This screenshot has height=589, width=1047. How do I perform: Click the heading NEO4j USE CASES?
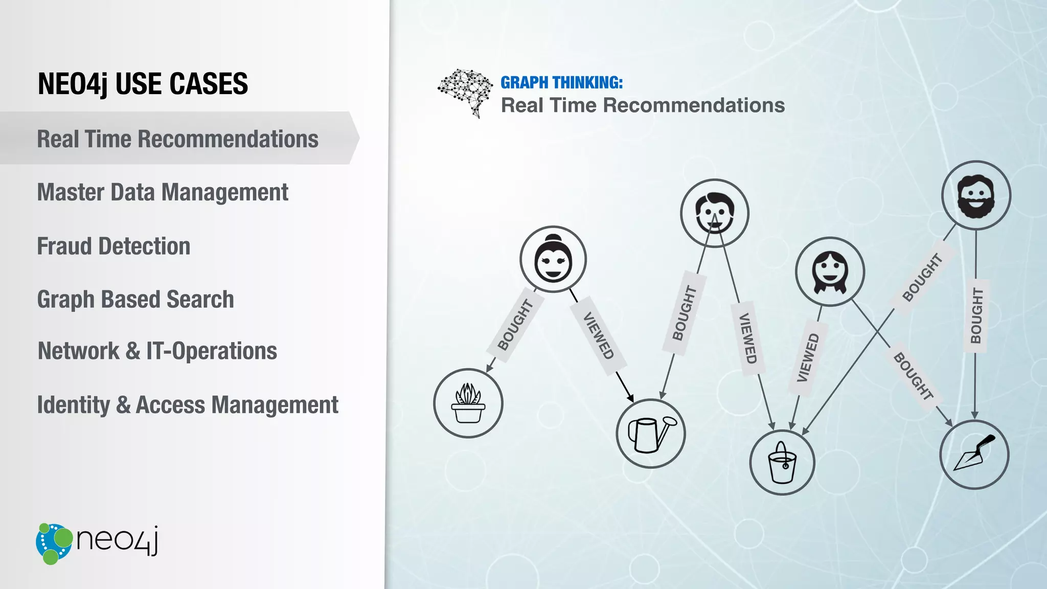click(143, 84)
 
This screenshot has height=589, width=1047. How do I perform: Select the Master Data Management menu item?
click(163, 193)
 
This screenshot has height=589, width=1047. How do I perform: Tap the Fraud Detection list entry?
click(113, 246)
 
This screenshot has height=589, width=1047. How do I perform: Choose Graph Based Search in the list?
click(135, 300)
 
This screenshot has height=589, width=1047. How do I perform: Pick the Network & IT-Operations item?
click(157, 352)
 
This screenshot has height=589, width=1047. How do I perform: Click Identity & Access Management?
click(188, 405)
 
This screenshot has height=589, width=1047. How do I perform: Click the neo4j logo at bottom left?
click(97, 543)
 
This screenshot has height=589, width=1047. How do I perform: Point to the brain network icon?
click(465, 92)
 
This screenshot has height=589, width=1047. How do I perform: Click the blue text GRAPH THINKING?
click(561, 82)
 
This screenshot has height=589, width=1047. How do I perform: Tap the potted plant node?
click(468, 403)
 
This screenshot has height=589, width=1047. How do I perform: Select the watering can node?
click(650, 434)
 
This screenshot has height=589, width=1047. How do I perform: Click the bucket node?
click(782, 463)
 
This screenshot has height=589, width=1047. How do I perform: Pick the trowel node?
click(974, 455)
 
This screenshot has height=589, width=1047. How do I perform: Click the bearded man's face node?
click(976, 195)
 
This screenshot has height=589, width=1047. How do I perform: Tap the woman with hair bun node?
click(553, 259)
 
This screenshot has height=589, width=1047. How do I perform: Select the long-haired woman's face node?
click(830, 272)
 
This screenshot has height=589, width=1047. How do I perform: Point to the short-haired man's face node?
click(714, 213)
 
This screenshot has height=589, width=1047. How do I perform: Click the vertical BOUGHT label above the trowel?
click(976, 315)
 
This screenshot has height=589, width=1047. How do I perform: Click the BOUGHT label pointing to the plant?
click(515, 325)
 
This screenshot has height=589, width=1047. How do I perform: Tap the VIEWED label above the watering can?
click(598, 335)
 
